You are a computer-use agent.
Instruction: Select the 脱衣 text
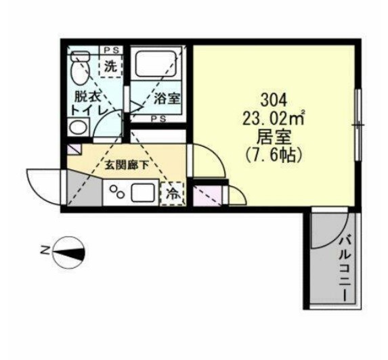tap(87, 97)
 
